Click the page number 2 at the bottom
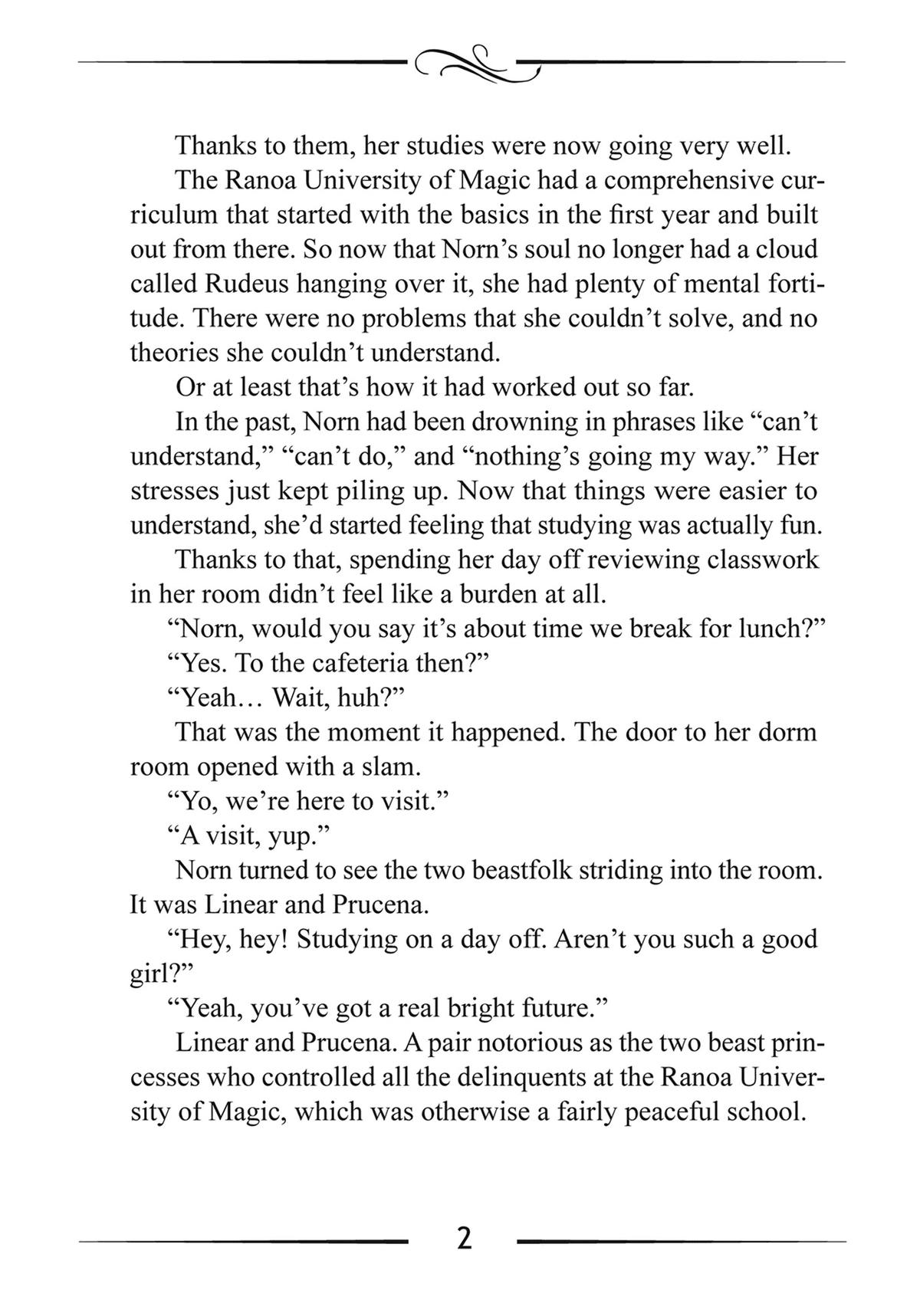pyautogui.click(x=463, y=1239)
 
